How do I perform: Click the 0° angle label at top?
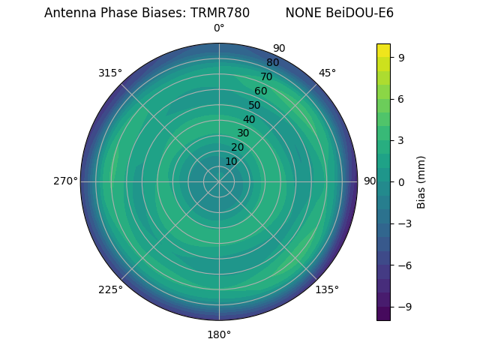(219, 28)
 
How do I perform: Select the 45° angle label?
(327, 73)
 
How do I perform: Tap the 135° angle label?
(327, 289)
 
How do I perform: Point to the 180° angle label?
(219, 334)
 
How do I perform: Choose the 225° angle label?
(110, 290)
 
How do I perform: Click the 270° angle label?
(65, 181)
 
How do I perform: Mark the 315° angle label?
(110, 73)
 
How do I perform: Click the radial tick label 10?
(231, 162)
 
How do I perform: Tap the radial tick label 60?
(260, 91)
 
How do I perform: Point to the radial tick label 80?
(272, 63)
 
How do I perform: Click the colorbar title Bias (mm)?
(421, 181)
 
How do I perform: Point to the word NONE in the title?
(303, 13)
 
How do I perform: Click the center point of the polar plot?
(219, 181)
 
